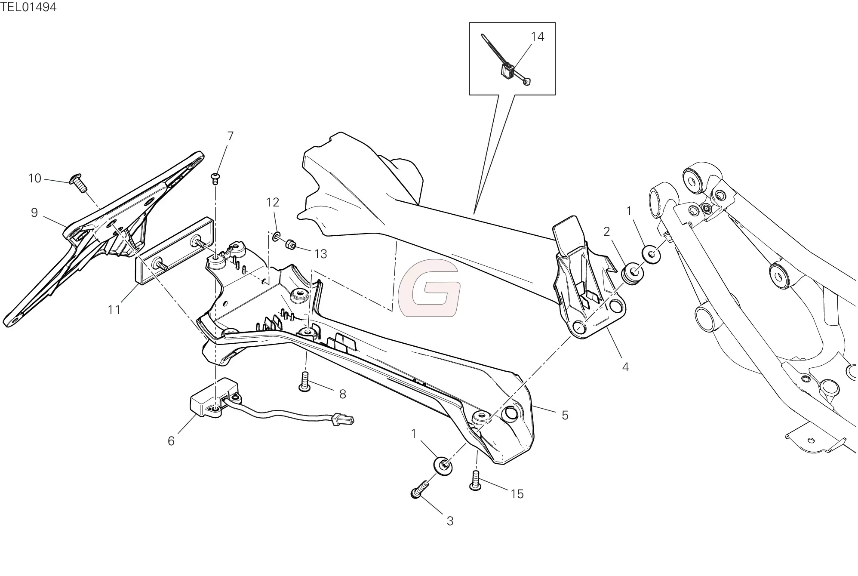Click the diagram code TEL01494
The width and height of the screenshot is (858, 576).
coord(28,7)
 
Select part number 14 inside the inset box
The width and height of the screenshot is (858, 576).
coord(537,37)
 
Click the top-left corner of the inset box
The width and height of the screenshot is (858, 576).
coord(469,22)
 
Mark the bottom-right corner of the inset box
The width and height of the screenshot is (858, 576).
coord(555,95)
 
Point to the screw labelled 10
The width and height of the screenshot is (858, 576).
coord(78,183)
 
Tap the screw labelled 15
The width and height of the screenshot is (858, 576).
coord(475,481)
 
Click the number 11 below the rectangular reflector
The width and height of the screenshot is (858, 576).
coord(114,310)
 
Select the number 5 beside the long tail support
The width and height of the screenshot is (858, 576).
coord(565,415)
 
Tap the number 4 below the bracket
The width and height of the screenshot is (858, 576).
coord(625,367)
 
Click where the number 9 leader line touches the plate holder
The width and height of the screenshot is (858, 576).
coord(67,226)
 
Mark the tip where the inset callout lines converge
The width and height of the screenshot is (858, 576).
coord(474,214)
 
